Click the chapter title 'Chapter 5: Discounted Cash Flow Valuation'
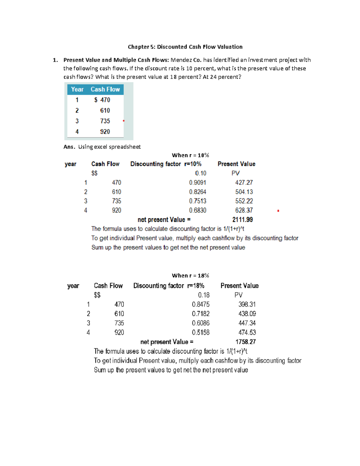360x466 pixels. (x=185, y=47)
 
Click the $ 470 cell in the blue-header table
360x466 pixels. (x=102, y=100)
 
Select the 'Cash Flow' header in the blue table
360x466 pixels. (x=105, y=89)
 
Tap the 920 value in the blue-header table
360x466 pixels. (x=105, y=132)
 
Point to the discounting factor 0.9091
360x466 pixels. (x=198, y=182)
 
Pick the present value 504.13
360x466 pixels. (x=244, y=192)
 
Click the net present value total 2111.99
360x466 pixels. (x=242, y=220)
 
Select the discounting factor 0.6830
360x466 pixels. (x=198, y=210)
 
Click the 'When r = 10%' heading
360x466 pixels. (x=190, y=155)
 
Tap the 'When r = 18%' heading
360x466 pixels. (x=190, y=275)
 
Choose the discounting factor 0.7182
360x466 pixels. (x=201, y=314)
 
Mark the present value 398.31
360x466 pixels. (x=247, y=304)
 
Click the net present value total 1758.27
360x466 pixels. (x=245, y=342)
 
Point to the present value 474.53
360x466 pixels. (x=247, y=332)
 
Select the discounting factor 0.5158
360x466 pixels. (x=201, y=332)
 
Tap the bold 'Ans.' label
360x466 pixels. (x=69, y=147)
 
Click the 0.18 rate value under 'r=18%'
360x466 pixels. (x=204, y=295)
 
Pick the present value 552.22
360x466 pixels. (x=244, y=201)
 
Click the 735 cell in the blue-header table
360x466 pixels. (x=105, y=121)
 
